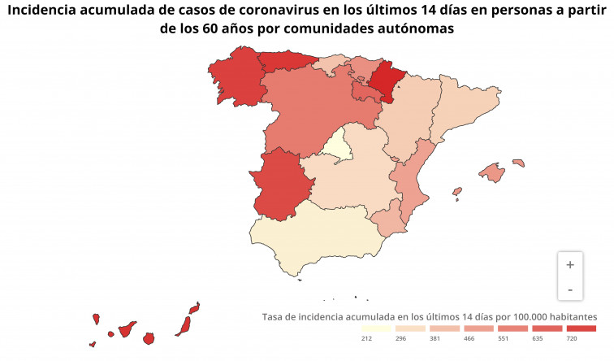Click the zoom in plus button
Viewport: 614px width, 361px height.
tap(570, 264)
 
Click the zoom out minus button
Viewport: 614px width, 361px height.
tap(570, 289)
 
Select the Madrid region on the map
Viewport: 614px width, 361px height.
tap(338, 146)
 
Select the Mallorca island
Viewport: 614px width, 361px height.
tap(493, 172)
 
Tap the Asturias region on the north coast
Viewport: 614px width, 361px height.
tap(287, 62)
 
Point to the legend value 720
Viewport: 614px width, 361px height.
tap(572, 338)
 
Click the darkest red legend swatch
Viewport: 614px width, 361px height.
tap(580, 328)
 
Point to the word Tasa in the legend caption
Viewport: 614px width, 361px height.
tap(275, 315)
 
